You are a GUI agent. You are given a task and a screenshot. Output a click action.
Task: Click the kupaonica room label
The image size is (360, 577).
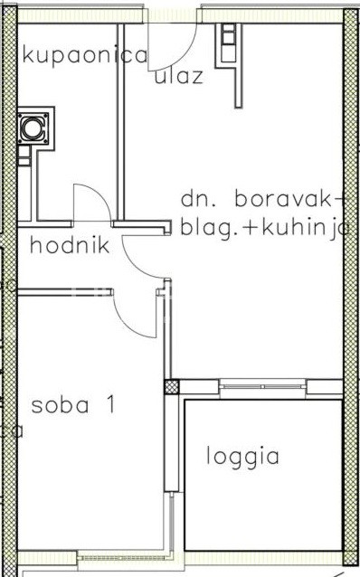pyautogui.click(x=85, y=56)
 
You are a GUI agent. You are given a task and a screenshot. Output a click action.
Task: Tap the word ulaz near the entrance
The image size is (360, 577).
pyautogui.click(x=179, y=76)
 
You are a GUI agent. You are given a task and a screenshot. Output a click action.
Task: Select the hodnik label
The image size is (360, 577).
pyautogui.click(x=70, y=245)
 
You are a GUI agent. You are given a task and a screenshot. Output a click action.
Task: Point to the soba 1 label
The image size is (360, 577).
pyautogui.click(x=73, y=405)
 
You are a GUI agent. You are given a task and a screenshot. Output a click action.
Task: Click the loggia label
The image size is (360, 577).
pyautogui.click(x=242, y=458)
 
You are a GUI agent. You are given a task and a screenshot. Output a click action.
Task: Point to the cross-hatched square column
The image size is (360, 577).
pyautogui.click(x=172, y=387)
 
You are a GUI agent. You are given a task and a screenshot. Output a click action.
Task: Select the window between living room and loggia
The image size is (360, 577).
pyautogui.click(x=262, y=386)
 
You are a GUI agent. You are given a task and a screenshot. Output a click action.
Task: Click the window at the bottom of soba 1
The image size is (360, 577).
pyautogui.click(x=124, y=558)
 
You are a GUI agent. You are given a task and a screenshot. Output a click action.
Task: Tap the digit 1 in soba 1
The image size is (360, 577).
pyautogui.click(x=110, y=405)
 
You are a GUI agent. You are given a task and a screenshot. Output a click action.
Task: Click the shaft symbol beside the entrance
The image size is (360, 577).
pyautogui.click(x=228, y=42)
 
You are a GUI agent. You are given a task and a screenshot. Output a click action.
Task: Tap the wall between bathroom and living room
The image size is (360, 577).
pyautogui.click(x=120, y=122)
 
